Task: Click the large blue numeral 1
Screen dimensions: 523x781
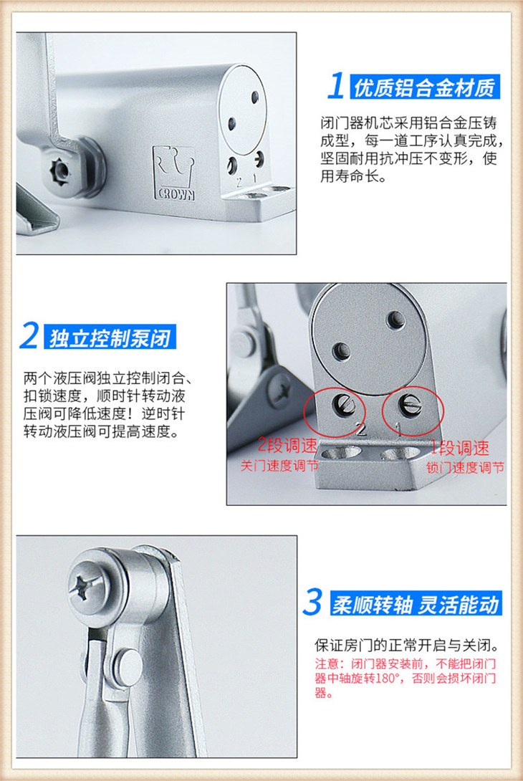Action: point(336,85)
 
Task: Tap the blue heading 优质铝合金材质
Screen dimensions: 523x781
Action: point(424,87)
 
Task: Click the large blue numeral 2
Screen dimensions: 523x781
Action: point(30,335)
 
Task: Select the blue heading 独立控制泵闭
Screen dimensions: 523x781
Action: point(110,338)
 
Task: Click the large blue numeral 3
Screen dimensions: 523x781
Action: point(312,602)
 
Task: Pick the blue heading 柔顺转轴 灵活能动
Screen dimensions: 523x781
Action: point(416,605)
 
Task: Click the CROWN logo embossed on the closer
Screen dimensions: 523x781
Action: point(174,173)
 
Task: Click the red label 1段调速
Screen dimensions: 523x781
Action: point(460,449)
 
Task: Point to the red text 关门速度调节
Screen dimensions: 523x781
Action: point(279,466)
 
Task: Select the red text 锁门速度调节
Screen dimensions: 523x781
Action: point(465,468)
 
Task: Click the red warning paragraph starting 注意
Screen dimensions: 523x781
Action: point(406,678)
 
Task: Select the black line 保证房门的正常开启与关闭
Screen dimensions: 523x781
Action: point(407,646)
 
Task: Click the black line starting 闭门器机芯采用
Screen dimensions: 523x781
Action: point(408,123)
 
